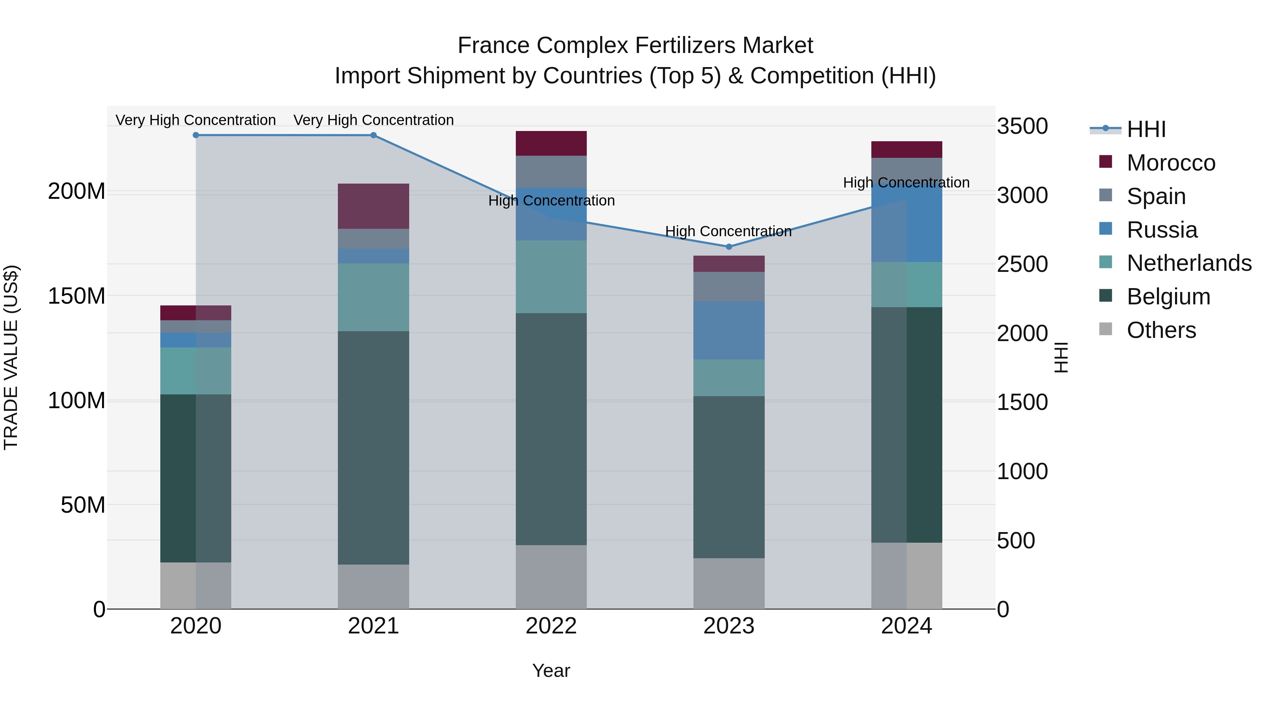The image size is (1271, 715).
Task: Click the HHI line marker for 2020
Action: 196,135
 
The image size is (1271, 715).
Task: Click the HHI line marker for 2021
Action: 374,135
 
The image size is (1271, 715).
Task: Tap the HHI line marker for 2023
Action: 729,247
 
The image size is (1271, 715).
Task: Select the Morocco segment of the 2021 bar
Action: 374,206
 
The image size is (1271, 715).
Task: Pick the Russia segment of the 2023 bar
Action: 729,330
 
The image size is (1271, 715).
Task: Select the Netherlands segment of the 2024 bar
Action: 906,284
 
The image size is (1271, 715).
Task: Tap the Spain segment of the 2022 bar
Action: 551,171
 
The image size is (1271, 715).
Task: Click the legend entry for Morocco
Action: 1170,163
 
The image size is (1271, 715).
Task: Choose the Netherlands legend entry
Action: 1189,263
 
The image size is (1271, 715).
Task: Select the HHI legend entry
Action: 1146,129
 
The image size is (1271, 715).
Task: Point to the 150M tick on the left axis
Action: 77,296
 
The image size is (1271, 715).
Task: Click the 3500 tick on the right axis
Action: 1022,126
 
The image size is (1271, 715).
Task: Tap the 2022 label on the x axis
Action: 551,626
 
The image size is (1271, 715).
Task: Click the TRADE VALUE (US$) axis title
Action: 11,357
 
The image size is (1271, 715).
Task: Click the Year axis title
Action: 551,671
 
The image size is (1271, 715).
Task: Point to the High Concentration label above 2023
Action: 728,231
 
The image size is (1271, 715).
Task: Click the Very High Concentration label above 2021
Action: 374,120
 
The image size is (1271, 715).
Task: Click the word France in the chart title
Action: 494,46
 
